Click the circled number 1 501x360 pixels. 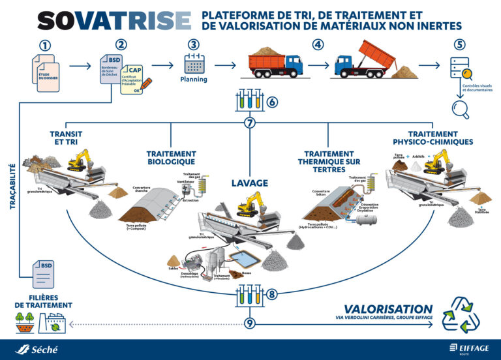pyautogui.click(x=45, y=46)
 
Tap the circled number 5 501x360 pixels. pyautogui.click(x=460, y=45)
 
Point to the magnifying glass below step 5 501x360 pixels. pyautogui.click(x=461, y=108)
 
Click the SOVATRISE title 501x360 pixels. pyautogui.click(x=114, y=20)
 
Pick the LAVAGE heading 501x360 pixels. pyautogui.click(x=250, y=184)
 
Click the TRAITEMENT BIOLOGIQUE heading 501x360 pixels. pyautogui.click(x=171, y=157)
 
